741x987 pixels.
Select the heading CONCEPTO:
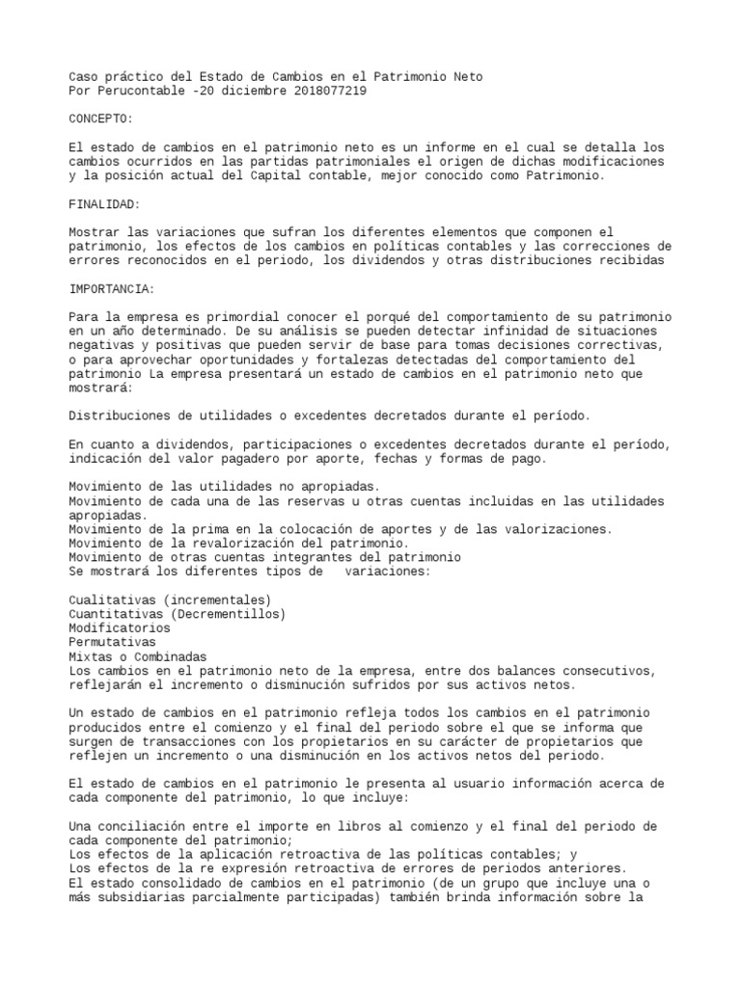click(101, 119)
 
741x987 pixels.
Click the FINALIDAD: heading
click(105, 204)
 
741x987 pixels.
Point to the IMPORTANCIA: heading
click(113, 289)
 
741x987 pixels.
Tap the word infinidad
click(471, 331)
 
